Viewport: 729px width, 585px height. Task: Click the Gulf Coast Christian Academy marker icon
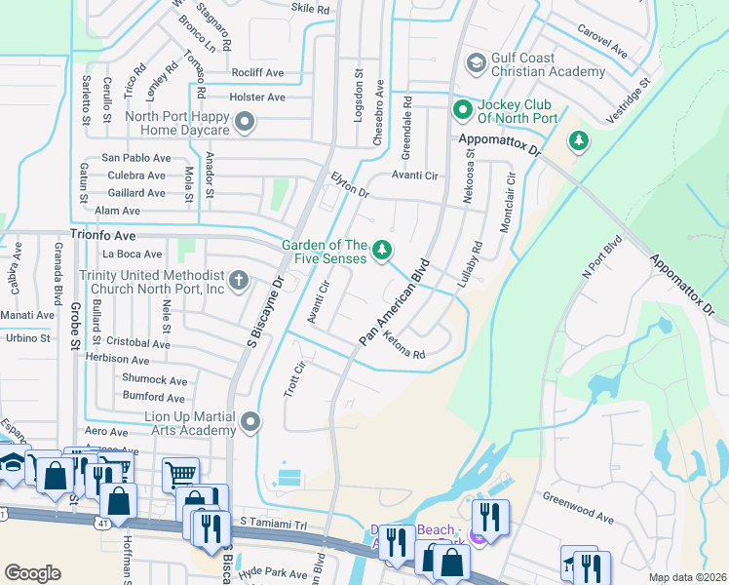(476, 63)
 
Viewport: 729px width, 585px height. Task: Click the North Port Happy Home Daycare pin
(244, 123)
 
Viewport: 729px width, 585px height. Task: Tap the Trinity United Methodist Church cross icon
(239, 281)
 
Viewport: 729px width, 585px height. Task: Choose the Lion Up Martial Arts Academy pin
(251, 421)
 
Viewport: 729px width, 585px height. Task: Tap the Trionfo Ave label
(102, 236)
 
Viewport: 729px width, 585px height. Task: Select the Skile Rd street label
(310, 8)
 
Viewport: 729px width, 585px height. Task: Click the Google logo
(32, 573)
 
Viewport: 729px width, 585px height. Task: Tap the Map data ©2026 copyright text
(687, 577)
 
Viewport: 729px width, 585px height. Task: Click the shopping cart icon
(181, 475)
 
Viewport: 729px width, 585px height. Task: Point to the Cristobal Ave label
(139, 342)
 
